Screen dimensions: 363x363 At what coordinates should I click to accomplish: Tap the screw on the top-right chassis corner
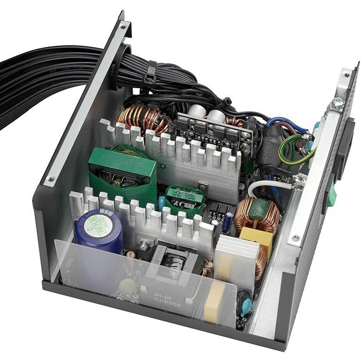pos(338,104)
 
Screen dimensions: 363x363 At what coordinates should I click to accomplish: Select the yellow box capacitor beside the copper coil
pos(256,240)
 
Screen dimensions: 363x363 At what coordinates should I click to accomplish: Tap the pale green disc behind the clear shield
pos(127,286)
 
